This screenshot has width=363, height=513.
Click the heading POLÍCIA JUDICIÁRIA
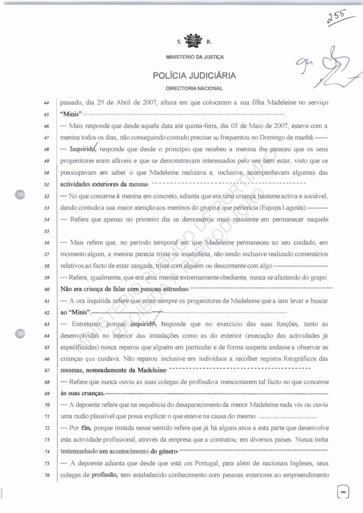coord(194,76)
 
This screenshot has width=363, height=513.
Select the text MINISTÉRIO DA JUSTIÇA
coord(194,57)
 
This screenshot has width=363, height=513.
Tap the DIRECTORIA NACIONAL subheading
coord(194,89)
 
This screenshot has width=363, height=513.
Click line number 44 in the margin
coord(46,103)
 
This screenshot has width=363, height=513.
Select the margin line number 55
coord(46,231)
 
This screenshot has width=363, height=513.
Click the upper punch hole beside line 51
coord(20,193)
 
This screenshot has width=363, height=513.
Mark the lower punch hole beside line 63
coord(20,333)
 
